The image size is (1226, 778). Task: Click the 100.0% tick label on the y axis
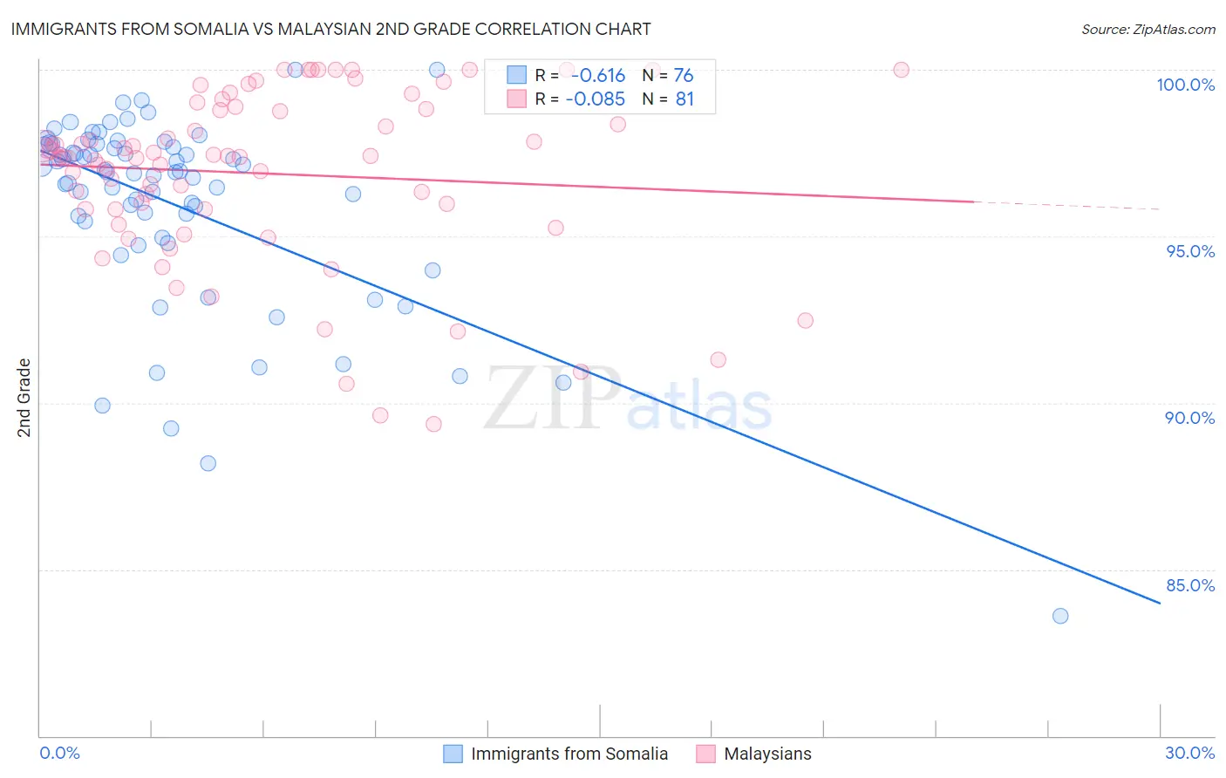(1185, 85)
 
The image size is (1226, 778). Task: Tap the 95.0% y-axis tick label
(1190, 251)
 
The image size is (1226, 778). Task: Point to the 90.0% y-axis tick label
(1189, 418)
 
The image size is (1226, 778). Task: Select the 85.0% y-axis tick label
(1189, 585)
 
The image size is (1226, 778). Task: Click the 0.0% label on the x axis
(59, 753)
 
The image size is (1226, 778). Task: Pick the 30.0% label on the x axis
(1189, 753)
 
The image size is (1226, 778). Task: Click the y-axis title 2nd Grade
(24, 398)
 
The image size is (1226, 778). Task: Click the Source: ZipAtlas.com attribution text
(1148, 30)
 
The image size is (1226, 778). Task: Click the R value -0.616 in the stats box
(598, 76)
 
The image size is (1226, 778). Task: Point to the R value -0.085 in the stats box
(595, 99)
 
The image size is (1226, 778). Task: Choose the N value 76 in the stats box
(684, 76)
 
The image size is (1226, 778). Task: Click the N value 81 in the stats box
(685, 99)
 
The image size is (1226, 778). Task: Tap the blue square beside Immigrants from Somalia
(453, 754)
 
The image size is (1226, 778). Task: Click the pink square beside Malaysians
(705, 754)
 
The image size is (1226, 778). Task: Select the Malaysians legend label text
(767, 754)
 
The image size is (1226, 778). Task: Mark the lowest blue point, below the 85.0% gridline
(1060, 616)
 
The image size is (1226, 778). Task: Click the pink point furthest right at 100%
(901, 70)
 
